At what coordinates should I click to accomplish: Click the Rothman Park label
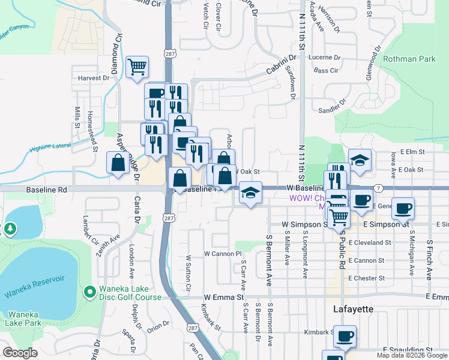tap(409, 59)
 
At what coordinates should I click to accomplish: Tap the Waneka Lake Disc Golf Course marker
tap(89, 292)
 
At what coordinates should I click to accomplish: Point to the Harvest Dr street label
tap(94, 78)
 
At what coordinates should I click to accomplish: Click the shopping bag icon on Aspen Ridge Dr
tap(118, 162)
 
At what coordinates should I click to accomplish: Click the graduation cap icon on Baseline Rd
tap(250, 193)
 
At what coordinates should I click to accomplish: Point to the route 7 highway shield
tap(378, 188)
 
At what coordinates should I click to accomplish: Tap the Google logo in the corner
tap(20, 353)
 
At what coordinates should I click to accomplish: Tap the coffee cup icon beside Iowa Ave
tap(403, 207)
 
